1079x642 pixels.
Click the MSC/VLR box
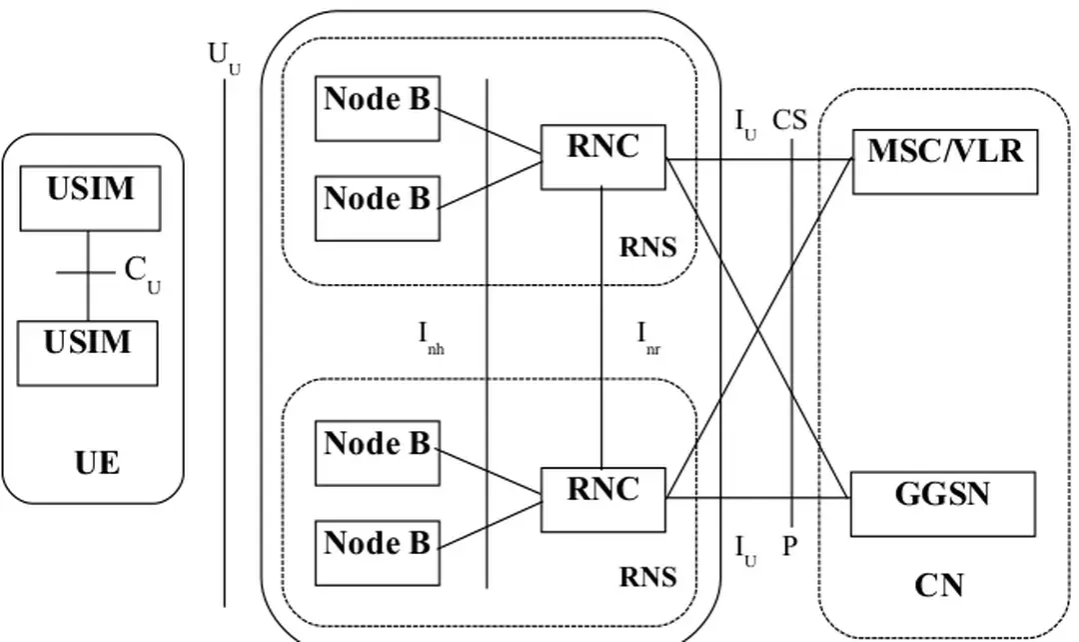pos(944,161)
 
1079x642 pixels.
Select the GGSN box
pos(942,503)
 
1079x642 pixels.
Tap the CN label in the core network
pos(939,585)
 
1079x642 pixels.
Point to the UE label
pos(97,463)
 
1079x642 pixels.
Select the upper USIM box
pos(89,198)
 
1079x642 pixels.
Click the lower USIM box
pos(88,352)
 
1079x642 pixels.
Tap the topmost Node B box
pos(377,108)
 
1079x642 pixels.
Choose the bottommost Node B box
pos(377,552)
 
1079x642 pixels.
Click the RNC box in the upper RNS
pos(603,156)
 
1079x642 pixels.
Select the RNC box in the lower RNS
pos(603,498)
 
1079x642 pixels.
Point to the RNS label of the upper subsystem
pos(647,248)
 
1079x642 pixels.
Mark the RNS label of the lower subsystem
pos(647,577)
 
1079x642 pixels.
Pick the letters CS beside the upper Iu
pos(789,122)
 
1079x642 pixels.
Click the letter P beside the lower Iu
pos(789,547)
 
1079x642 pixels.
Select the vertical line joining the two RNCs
pos(602,328)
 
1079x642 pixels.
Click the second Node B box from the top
pos(377,208)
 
